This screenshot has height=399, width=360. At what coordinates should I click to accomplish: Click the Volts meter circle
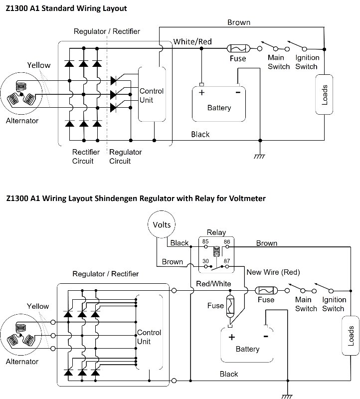coord(162,224)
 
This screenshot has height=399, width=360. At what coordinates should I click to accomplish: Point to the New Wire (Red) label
coord(273,272)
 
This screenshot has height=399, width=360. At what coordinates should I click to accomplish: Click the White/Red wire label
coord(192,41)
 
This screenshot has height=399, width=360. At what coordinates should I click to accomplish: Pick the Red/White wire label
coord(213,283)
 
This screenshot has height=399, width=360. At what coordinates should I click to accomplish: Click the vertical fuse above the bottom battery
coord(230,305)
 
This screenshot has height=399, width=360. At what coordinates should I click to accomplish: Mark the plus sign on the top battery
coord(202,92)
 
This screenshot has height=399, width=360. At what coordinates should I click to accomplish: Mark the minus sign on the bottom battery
coord(265,336)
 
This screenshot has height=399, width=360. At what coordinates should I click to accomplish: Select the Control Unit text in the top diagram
coord(151,95)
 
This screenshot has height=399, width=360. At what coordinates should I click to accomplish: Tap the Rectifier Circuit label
coord(86,156)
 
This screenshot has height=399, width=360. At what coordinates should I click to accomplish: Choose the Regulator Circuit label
coord(125,156)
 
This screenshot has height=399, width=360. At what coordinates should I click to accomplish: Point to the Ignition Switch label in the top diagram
coord(306,62)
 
